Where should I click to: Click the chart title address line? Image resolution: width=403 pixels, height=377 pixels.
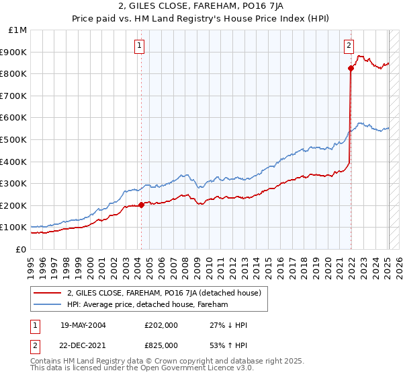point(201,7)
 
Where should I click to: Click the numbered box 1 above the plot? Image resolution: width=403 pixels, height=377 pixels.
point(139,46)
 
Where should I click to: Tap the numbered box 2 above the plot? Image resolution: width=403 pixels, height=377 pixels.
point(349,46)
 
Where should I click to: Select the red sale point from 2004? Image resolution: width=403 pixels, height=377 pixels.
point(141,205)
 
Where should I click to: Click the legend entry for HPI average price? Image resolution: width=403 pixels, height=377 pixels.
point(148,305)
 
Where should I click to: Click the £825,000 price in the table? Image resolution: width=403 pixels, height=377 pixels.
point(161,345)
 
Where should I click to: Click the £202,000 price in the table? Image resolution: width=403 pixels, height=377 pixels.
point(161,325)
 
